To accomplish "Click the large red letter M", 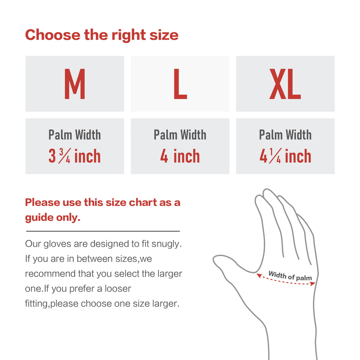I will tap(75, 84).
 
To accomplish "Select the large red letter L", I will tap(180, 84).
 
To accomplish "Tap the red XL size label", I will tap(285, 84).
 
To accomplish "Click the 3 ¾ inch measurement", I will tap(75, 156).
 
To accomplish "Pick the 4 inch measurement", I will tap(180, 156).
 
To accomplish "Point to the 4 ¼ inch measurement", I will tap(285, 156).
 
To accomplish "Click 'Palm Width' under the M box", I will tap(75, 135).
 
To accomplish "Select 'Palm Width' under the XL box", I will tap(285, 135).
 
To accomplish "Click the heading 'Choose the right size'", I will tap(102, 35).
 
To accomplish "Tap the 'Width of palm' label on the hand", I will tap(290, 276).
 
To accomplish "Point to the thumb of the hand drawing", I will tap(229, 264).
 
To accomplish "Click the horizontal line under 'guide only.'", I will tap(103, 231).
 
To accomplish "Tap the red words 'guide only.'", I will tap(53, 217).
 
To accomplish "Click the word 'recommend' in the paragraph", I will tap(45, 274).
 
